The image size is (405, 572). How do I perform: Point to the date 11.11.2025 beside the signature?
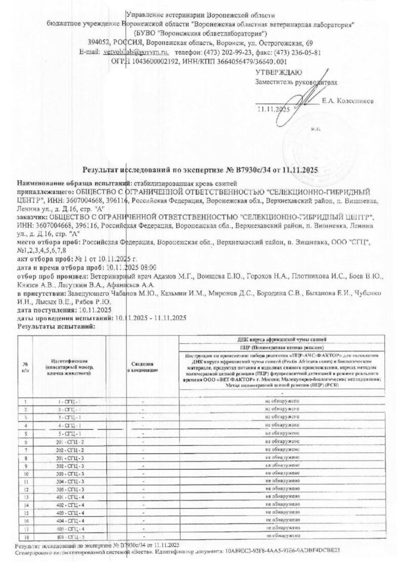[272, 109]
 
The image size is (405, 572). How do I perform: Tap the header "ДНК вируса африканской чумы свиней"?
[281, 338]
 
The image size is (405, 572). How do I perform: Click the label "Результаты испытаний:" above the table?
[56, 326]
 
